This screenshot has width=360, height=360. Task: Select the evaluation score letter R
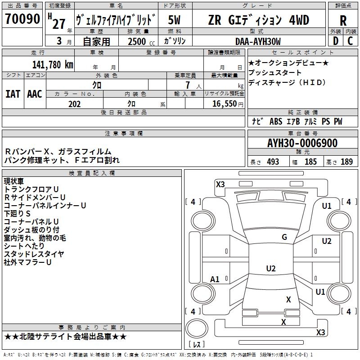coord(343,21)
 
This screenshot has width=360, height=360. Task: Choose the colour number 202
coord(74,104)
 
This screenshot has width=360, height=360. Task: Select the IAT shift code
coord(13,94)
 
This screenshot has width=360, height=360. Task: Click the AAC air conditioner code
coord(35,94)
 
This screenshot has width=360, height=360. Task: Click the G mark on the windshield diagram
coord(284,237)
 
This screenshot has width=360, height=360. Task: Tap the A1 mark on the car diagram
coord(215,279)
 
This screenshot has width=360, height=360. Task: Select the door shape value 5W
coord(175,20)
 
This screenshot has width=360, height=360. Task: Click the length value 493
coord(273,162)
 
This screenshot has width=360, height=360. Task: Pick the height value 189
coord(347,162)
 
